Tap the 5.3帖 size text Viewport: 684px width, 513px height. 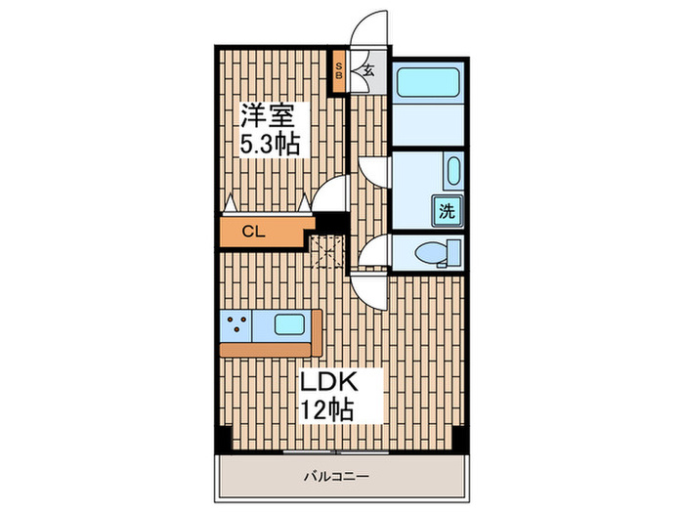271,144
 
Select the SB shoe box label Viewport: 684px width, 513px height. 339,70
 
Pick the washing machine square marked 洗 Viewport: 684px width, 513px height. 446,209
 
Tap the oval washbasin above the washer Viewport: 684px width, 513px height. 452,173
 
